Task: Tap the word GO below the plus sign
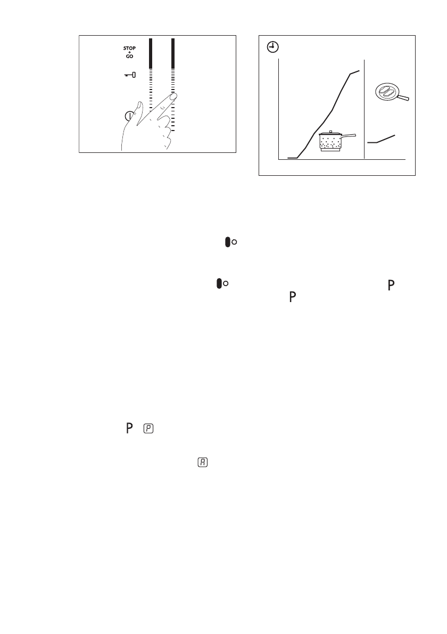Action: [129, 56]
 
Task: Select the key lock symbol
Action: [130, 75]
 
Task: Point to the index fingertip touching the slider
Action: [173, 97]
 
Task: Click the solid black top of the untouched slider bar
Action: [151, 53]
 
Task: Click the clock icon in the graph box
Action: [272, 47]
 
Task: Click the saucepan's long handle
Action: [349, 137]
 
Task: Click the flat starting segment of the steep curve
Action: [292, 158]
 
